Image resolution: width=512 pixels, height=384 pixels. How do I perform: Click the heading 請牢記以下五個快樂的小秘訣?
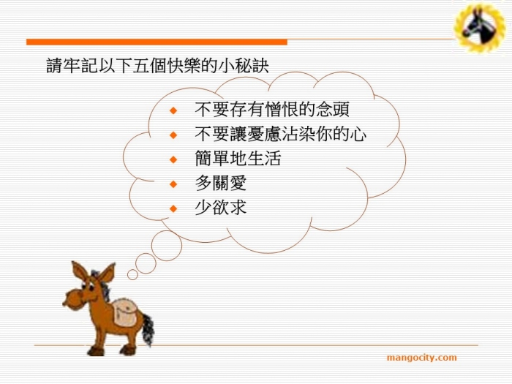pos(158,66)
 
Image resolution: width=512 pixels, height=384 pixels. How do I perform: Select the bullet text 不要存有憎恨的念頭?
pos(272,110)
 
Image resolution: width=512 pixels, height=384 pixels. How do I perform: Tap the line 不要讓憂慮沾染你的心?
pos(280,134)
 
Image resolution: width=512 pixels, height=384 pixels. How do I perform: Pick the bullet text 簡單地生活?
pos(238,159)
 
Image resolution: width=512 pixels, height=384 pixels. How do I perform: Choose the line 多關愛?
pos(220,183)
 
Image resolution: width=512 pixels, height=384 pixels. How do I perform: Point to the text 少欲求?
pos(220,207)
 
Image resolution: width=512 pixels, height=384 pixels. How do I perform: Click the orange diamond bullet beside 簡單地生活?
pos(173,159)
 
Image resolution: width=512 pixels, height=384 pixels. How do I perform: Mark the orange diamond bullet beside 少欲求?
pos(173,208)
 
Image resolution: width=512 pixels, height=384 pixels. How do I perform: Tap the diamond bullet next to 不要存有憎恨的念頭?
pos(173,110)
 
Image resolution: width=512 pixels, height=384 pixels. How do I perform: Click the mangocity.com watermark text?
pos(421,358)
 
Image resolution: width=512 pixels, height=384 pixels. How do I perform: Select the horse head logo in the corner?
pos(479,28)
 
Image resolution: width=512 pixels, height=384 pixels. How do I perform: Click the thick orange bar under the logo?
pos(157,42)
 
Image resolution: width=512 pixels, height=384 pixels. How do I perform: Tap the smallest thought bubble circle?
pos(132,274)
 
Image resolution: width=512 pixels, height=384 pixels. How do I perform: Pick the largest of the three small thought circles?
pos(167,246)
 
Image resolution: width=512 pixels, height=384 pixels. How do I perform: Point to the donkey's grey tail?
pos(148,329)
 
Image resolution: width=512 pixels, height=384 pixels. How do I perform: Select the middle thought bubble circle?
pos(146,263)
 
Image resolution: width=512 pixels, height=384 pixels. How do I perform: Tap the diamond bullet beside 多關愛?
pos(173,184)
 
